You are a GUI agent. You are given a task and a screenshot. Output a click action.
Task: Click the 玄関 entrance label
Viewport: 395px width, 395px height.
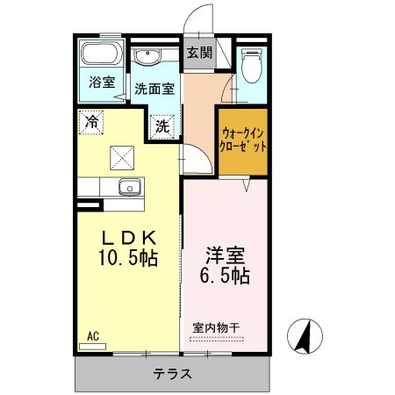198,52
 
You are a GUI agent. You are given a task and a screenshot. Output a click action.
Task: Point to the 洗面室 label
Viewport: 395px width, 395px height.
154,90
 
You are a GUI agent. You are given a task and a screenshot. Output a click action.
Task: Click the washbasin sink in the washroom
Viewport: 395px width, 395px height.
147,59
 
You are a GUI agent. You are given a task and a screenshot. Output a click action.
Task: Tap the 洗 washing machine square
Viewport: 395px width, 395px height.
162,126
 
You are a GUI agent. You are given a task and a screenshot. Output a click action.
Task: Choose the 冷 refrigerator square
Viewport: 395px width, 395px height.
90,123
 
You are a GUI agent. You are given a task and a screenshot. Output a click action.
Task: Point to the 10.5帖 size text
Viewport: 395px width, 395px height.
127,260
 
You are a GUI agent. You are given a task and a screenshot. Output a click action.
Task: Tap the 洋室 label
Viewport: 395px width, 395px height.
225,255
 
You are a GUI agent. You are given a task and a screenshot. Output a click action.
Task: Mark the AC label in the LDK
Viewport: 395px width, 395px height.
93,334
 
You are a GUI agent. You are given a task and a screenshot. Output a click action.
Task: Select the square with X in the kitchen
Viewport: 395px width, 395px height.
119,157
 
